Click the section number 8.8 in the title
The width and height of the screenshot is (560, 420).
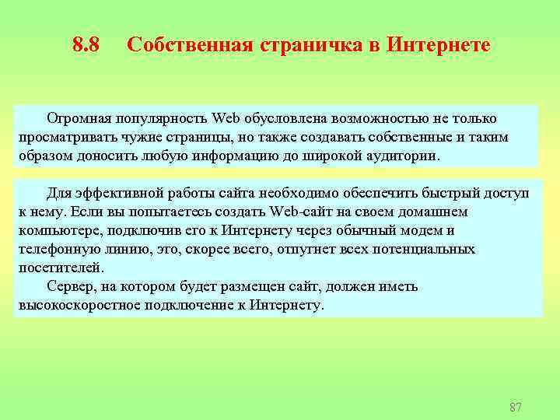(x=86, y=45)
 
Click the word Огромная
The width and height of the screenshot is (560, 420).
(x=79, y=118)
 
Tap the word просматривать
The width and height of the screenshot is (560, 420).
(x=68, y=137)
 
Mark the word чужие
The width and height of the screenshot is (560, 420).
(x=142, y=137)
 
